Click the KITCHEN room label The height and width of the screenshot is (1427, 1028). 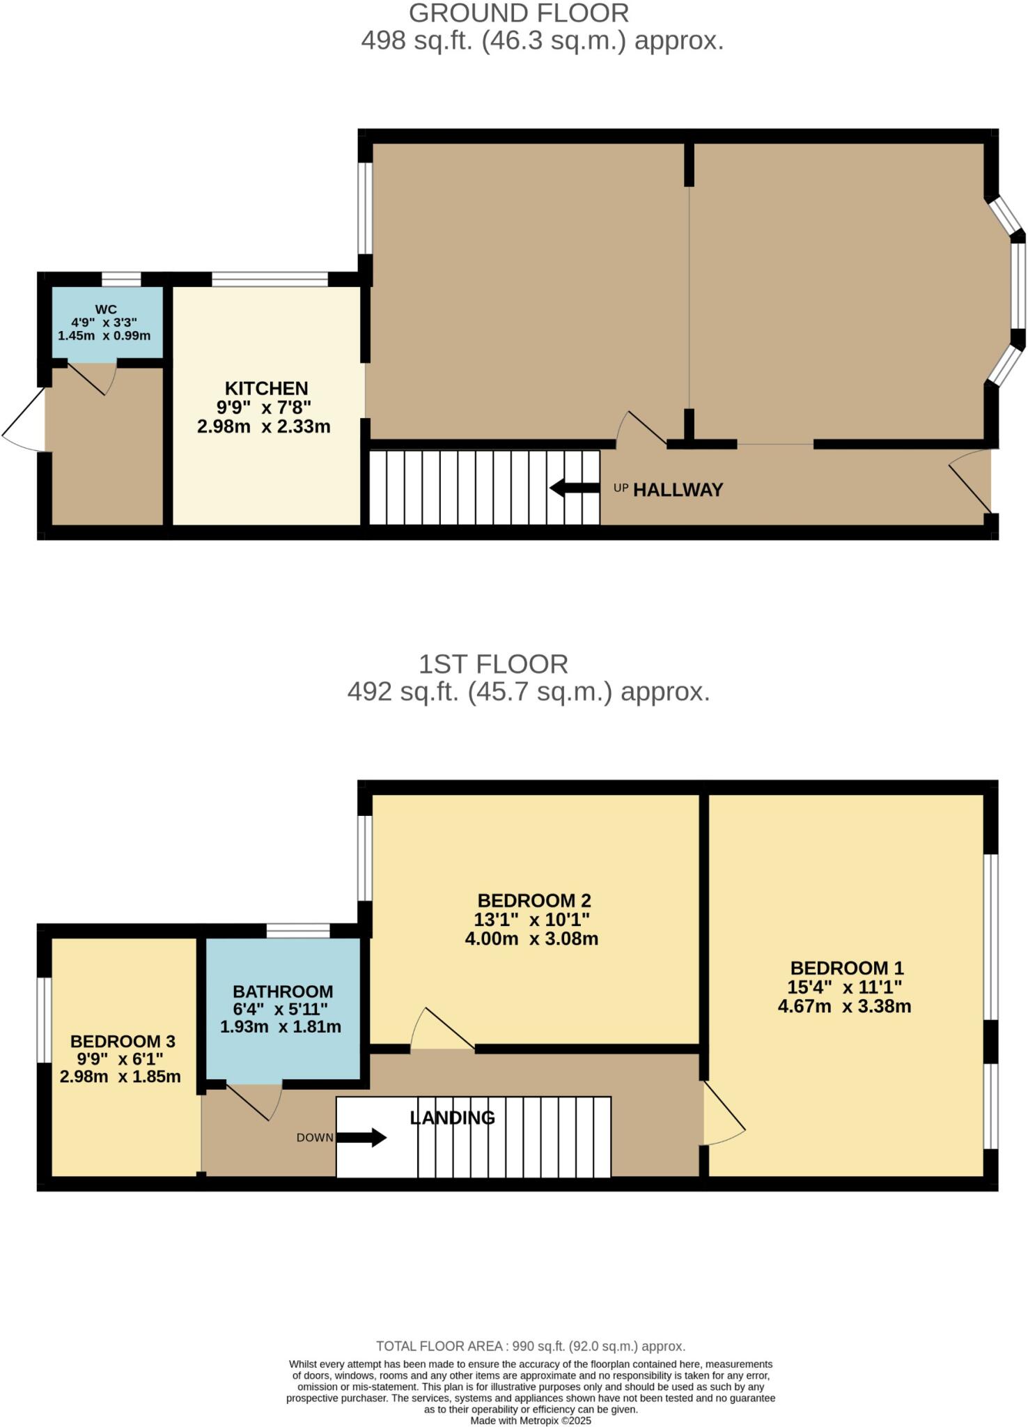[266, 389]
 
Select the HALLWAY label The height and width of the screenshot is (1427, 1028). [678, 490]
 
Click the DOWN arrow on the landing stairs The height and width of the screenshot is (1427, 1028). [361, 1138]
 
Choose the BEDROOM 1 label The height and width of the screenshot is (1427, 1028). [846, 968]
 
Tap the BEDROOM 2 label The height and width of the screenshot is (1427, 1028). [534, 900]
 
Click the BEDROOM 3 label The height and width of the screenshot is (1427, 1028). [123, 1042]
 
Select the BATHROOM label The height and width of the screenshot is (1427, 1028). [283, 992]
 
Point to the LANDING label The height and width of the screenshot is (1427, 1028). [452, 1118]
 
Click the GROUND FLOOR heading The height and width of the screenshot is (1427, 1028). [518, 13]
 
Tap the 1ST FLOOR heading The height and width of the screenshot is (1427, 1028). [493, 664]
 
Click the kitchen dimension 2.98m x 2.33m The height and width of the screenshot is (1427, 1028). [263, 426]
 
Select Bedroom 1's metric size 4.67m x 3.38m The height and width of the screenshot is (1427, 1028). [844, 1006]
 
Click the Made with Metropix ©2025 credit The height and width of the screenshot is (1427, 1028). [531, 1420]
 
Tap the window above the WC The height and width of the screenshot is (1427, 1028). [121, 279]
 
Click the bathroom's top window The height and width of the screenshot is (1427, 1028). [298, 930]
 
